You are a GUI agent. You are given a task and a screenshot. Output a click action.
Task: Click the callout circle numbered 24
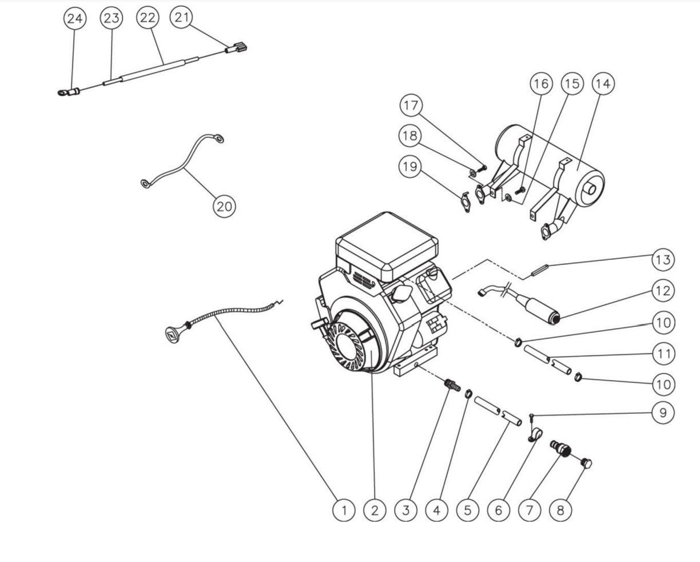(x=74, y=18)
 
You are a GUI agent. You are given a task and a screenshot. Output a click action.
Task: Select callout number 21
(x=182, y=18)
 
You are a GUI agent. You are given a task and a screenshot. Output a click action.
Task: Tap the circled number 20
(x=224, y=205)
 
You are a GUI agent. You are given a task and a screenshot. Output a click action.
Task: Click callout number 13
(x=663, y=259)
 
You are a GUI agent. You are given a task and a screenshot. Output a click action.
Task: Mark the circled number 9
(x=663, y=413)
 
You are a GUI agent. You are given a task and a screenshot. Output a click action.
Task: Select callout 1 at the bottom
(x=344, y=509)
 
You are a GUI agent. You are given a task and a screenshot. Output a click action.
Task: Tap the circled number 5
(x=468, y=509)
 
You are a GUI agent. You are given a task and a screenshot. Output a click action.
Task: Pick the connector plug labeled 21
(x=237, y=49)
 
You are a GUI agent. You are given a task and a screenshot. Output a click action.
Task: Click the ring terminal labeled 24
(x=64, y=90)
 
